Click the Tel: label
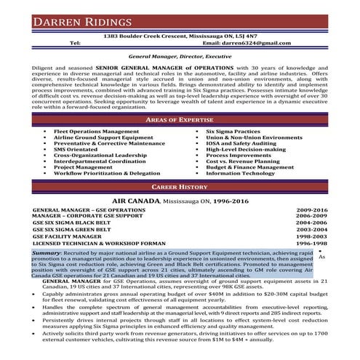[73, 43]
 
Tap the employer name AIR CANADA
[137, 199]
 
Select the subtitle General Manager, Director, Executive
[180, 56]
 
